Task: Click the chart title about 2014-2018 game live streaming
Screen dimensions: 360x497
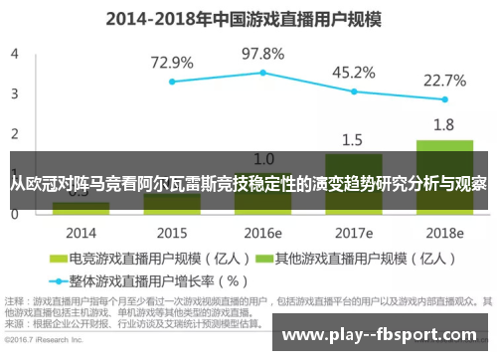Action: pos(248,17)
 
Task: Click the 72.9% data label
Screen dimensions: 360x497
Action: pos(172,62)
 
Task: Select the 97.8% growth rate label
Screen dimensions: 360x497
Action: pos(263,53)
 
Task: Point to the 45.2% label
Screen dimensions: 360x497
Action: pos(354,72)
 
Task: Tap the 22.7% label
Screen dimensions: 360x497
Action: pos(444,80)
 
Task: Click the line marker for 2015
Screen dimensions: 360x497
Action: pos(172,82)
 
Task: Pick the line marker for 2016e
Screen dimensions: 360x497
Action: pos(263,73)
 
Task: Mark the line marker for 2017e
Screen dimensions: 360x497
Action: pos(354,91)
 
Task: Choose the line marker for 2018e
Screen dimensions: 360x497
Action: pos(444,99)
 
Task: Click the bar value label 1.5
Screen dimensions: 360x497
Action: pos(352,139)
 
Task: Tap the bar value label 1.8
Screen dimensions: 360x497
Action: pos(443,125)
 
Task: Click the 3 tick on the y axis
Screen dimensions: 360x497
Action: pos(14,92)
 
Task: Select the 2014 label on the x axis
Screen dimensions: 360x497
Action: pos(82,232)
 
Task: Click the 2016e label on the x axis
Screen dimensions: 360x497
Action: pos(262,232)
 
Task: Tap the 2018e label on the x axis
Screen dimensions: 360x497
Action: pos(444,232)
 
